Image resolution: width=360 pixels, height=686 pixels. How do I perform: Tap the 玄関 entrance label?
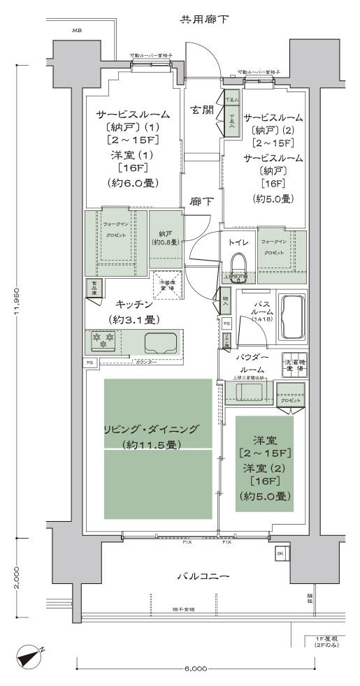[x=202, y=110]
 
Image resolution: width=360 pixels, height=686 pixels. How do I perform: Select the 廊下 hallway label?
[x=201, y=202]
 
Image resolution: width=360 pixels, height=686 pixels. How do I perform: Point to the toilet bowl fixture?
[x=238, y=265]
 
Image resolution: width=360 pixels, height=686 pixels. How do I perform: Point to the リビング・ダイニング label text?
[x=157, y=430]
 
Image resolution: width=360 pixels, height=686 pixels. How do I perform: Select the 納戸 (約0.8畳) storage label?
[x=165, y=238]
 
